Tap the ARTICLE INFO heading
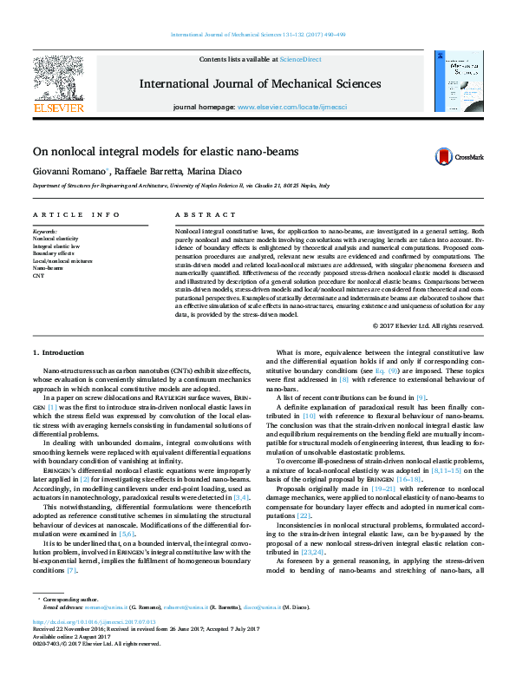(64, 215)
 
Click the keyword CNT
(38, 275)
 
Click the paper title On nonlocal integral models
(161, 150)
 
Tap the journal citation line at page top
(258, 35)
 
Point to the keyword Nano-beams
(49, 267)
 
